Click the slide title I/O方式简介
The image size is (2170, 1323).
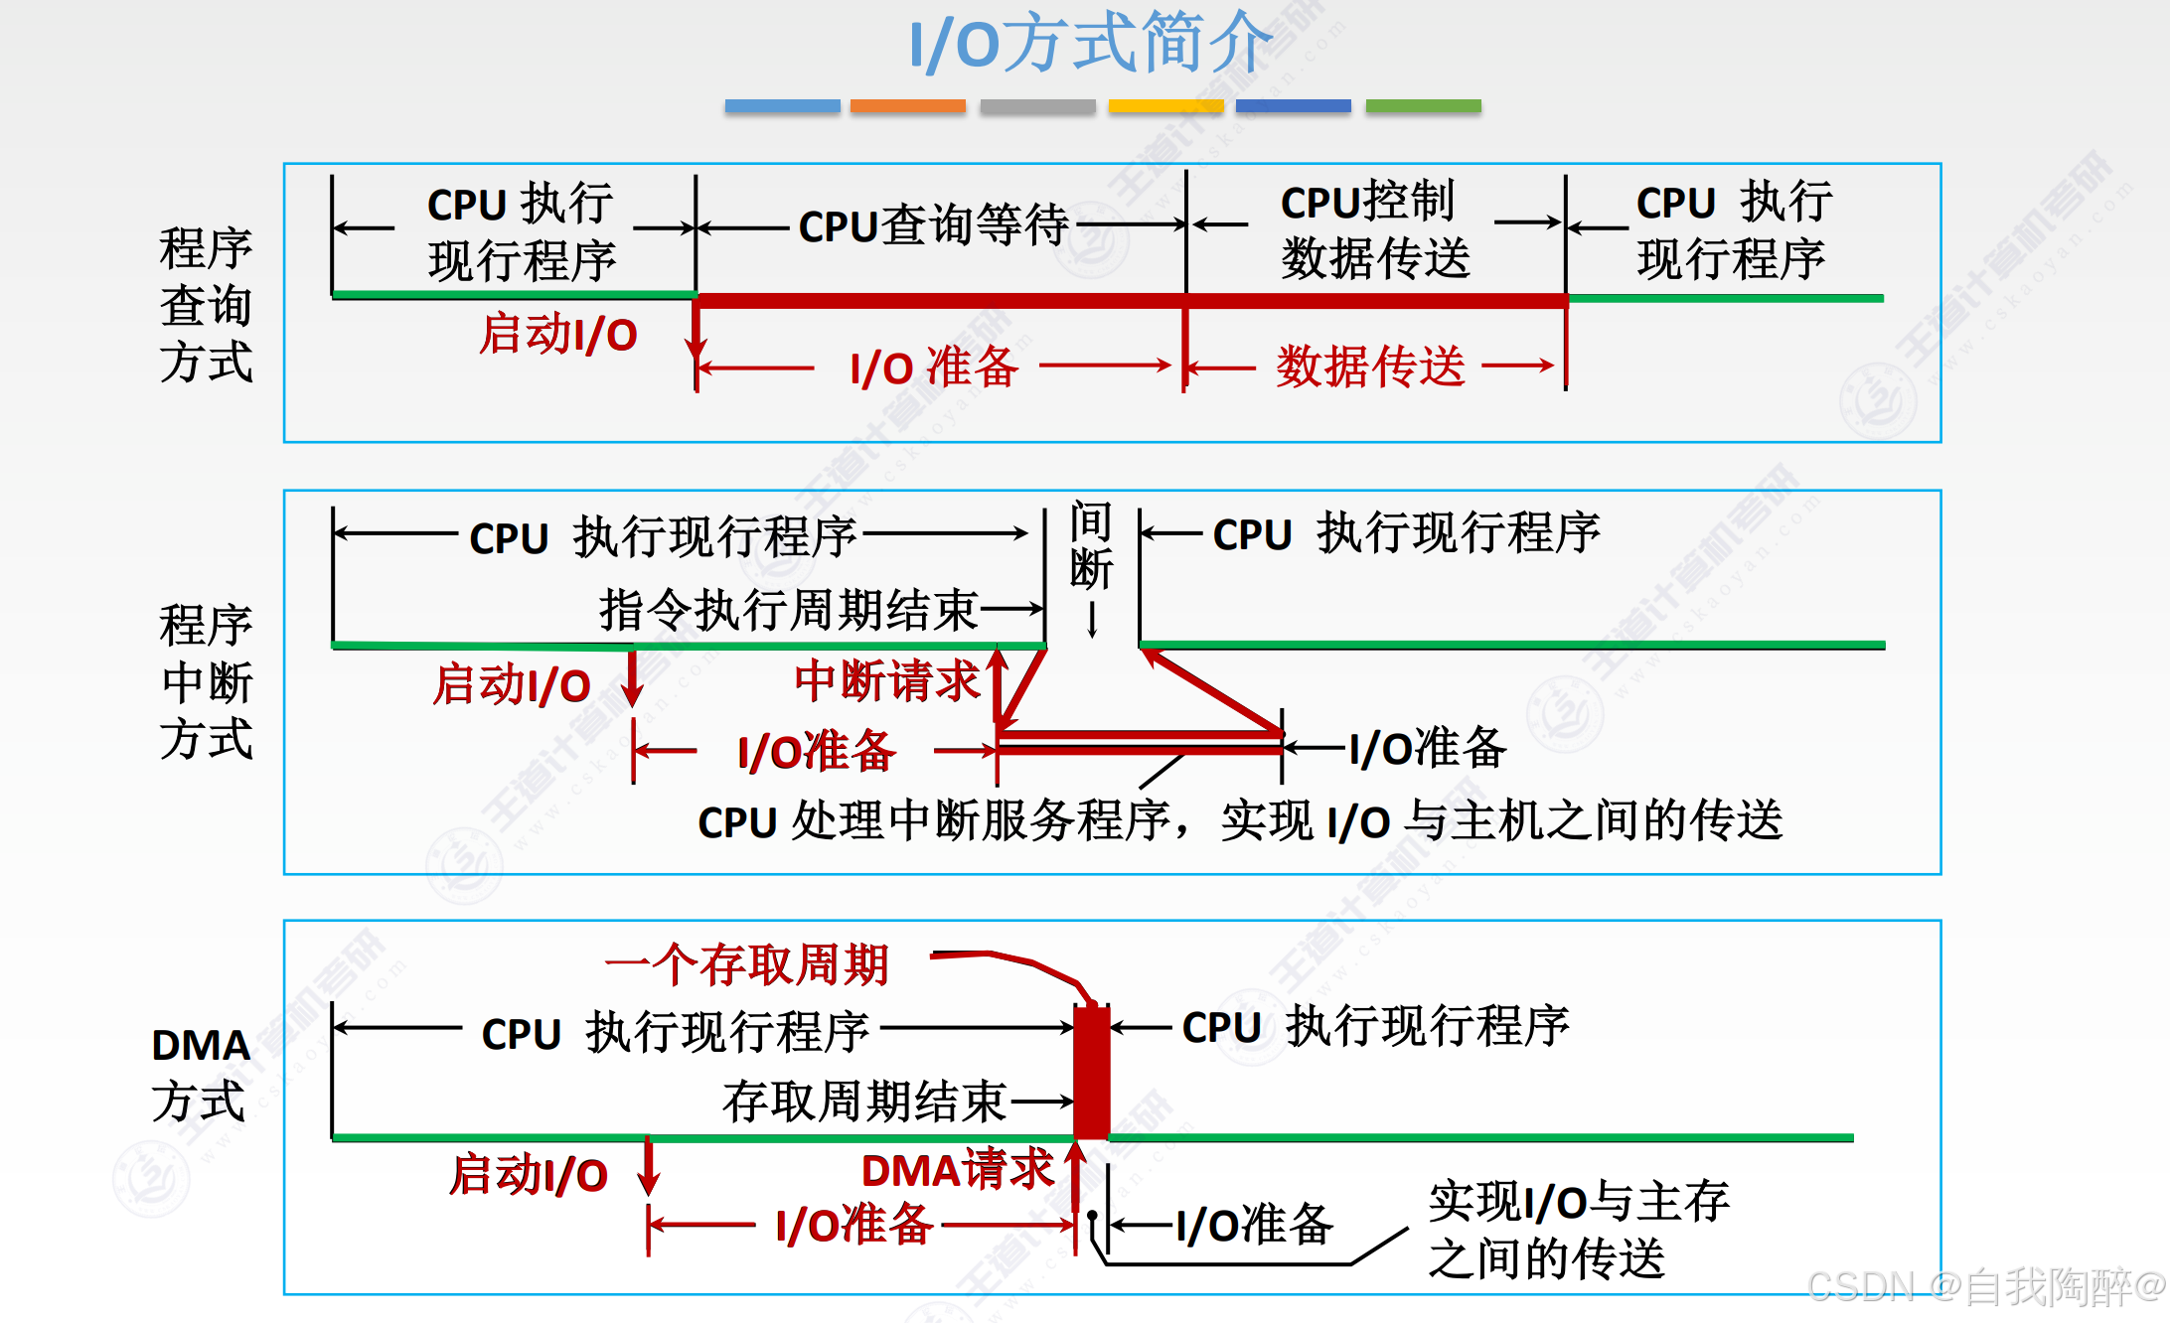click(x=1090, y=44)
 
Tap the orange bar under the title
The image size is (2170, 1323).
click(x=907, y=106)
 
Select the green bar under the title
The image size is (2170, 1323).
click(x=1423, y=106)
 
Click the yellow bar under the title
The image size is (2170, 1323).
click(x=1165, y=106)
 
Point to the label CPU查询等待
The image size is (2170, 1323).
click(x=933, y=225)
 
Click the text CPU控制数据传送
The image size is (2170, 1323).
click(x=1374, y=230)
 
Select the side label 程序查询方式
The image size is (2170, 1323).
click(x=206, y=304)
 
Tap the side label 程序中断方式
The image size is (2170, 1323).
click(x=206, y=681)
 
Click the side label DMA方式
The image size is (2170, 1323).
click(x=200, y=1073)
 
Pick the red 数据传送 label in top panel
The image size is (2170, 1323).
click(x=1370, y=367)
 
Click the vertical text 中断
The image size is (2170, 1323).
click(x=1091, y=546)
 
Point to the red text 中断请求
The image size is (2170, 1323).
click(x=886, y=681)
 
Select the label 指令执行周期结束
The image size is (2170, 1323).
click(x=788, y=609)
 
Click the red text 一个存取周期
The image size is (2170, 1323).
click(x=746, y=964)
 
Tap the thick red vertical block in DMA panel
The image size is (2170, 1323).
click(x=1091, y=1073)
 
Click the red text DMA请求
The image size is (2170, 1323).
click(x=957, y=1170)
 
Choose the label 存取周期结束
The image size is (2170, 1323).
click(x=864, y=1102)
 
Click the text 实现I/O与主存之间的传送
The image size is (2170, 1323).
click(x=1578, y=1230)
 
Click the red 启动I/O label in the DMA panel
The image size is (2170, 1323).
click(x=528, y=1175)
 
